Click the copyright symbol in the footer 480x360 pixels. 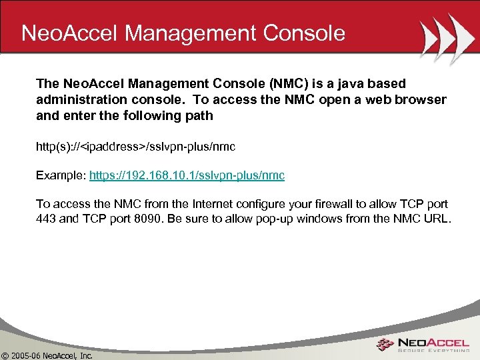click(6, 355)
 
